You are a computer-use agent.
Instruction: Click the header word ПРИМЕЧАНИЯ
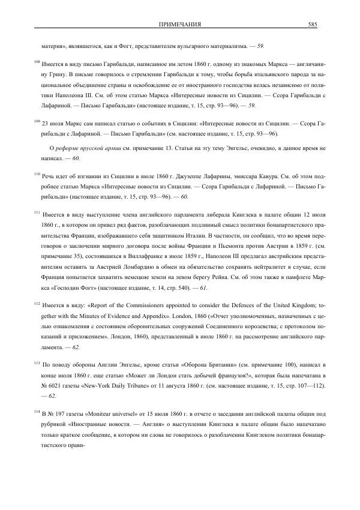click(x=179, y=24)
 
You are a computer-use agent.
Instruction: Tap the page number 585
click(x=312, y=24)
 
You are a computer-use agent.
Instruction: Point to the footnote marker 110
click(x=37, y=174)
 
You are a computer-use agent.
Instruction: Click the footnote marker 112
click(x=37, y=304)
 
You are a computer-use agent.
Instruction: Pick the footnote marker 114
click(x=37, y=412)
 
